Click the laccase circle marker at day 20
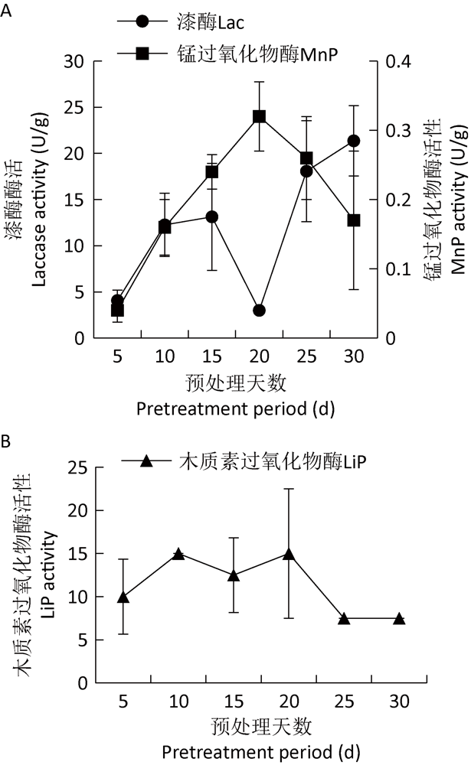(x=259, y=311)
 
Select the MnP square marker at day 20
(x=259, y=116)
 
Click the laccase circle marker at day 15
(x=211, y=216)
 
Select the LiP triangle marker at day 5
(x=123, y=597)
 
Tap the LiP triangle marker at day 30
(x=399, y=619)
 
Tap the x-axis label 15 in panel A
(x=211, y=356)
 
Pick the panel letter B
(x=7, y=441)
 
